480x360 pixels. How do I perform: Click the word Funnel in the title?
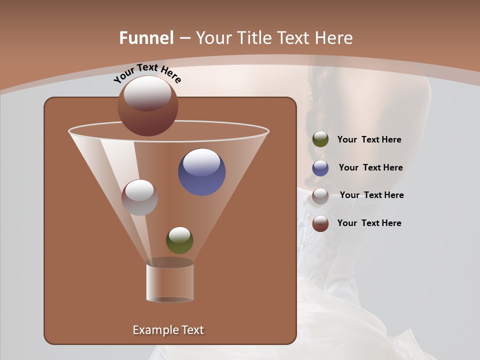click(146, 38)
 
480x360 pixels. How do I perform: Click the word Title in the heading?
click(254, 38)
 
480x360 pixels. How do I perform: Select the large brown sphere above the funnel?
click(147, 106)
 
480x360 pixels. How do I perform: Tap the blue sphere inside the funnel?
click(201, 172)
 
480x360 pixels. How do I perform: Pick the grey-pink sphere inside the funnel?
click(139, 197)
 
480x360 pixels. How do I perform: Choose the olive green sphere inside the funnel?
click(179, 240)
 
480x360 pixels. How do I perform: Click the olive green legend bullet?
click(320, 139)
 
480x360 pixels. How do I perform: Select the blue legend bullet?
click(320, 168)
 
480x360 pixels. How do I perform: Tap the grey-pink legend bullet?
click(320, 195)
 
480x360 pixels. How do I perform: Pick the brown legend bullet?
click(320, 223)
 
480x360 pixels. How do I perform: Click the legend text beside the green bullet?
click(369, 140)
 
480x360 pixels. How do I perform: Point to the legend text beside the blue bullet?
click(370, 168)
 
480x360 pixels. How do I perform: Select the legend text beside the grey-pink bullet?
click(371, 195)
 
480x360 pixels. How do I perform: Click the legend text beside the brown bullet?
click(369, 223)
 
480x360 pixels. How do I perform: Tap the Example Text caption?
click(168, 330)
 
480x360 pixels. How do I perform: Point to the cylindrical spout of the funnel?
click(169, 283)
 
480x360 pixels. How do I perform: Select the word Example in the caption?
click(152, 330)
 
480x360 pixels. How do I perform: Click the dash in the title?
click(184, 38)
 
